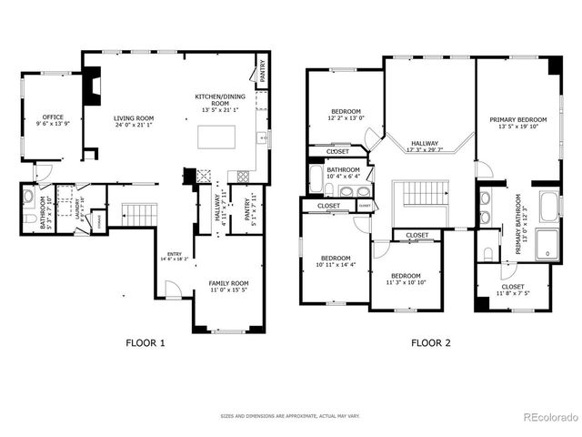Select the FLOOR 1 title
pyautogui.click(x=145, y=343)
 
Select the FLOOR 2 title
pyautogui.click(x=430, y=343)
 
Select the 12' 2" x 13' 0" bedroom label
pyautogui.click(x=346, y=115)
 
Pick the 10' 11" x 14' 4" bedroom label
pyautogui.click(x=332, y=261)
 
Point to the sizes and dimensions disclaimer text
pyautogui.click(x=291, y=418)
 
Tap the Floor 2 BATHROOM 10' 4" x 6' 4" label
pyautogui.click(x=344, y=173)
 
